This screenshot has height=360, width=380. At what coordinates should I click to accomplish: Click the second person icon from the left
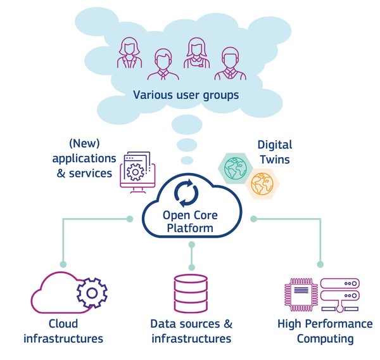[163, 63]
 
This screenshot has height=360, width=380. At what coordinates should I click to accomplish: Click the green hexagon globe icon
[236, 167]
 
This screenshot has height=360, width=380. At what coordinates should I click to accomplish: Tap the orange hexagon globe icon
[261, 184]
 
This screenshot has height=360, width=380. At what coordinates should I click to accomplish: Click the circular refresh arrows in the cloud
[190, 194]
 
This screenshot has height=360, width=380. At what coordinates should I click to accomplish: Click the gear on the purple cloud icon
[92, 293]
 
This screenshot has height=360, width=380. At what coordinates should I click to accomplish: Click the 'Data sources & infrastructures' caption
[191, 331]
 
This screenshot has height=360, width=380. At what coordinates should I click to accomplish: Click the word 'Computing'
[325, 338]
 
